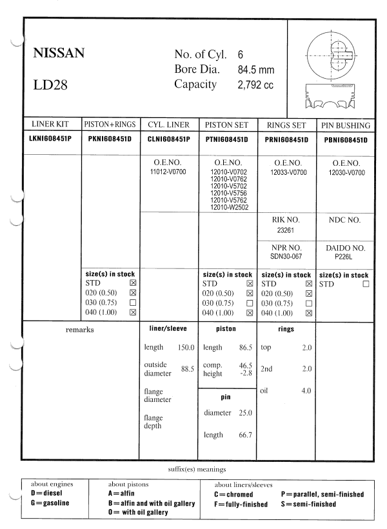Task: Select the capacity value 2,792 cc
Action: coord(256,85)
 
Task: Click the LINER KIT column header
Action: coord(51,125)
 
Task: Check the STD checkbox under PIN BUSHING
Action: coord(366,283)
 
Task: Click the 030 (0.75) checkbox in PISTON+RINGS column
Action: coord(133,303)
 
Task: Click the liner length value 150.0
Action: coord(186,348)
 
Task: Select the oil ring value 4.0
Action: coord(306,390)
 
